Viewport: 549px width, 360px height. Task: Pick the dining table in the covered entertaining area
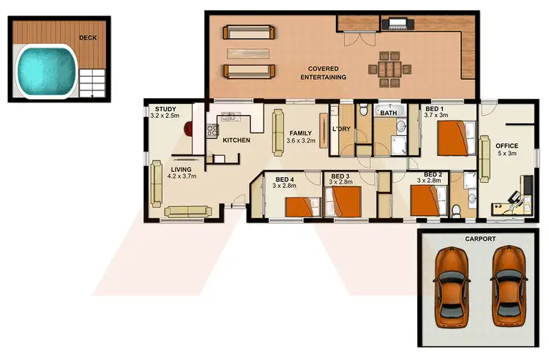point(384,68)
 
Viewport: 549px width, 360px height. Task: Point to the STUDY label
point(165,109)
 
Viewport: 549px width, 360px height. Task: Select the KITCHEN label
point(236,140)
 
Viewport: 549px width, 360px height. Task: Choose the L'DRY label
point(342,130)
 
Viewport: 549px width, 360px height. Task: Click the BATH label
point(388,113)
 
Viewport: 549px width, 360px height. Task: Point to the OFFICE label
point(507,146)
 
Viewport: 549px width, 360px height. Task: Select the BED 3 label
point(340,176)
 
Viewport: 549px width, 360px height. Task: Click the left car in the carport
point(451,286)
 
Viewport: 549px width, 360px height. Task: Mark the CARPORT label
point(479,239)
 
